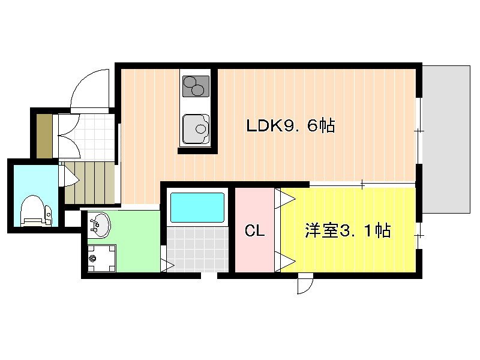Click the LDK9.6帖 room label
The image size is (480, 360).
tap(290, 125)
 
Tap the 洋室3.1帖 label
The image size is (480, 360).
tap(348, 230)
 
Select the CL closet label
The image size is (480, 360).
tap(254, 230)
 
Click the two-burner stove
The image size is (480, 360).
tap(196, 86)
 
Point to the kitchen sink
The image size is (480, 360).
tap(196, 129)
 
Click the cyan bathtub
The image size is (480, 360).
tap(197, 207)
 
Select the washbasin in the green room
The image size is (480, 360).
tap(99, 225)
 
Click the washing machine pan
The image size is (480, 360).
tap(101, 258)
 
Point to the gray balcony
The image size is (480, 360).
tap(446, 139)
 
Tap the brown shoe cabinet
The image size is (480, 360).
tap(44, 136)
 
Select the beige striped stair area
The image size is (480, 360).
tap(89, 183)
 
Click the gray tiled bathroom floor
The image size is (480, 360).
tap(197, 249)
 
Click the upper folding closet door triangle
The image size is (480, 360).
tap(286, 199)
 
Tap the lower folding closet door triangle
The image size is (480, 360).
tap(286, 262)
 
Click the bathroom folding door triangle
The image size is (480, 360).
tap(167, 265)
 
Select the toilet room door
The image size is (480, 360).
tap(70, 176)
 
